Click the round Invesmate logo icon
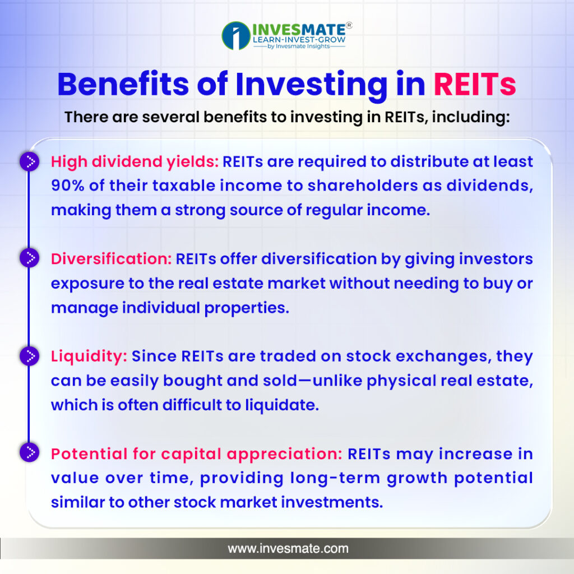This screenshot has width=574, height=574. [x=236, y=35]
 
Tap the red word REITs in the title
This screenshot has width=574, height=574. [x=475, y=85]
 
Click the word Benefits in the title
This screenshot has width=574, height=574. [x=123, y=84]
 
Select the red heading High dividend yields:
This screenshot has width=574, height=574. [x=135, y=162]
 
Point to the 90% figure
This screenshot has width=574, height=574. [x=68, y=185]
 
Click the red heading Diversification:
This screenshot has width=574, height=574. [x=112, y=259]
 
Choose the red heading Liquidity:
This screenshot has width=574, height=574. [x=89, y=357]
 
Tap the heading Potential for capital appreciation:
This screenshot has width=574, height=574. [x=197, y=454]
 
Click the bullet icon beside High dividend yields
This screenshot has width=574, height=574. [x=29, y=161]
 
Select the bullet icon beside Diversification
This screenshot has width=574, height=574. [x=29, y=258]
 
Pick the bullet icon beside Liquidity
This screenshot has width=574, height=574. [x=29, y=356]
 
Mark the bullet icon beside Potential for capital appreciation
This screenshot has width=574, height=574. [x=29, y=452]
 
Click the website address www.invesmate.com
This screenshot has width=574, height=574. [x=288, y=548]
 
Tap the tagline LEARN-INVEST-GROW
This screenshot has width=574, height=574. [x=299, y=39]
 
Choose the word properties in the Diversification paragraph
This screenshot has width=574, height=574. [x=247, y=308]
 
